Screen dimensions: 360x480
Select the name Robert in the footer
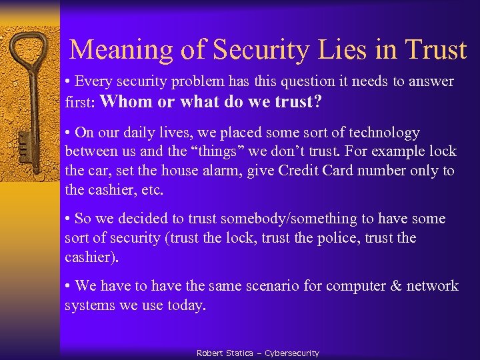pos(211,353)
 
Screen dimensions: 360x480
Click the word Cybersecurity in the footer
pos(291,353)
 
